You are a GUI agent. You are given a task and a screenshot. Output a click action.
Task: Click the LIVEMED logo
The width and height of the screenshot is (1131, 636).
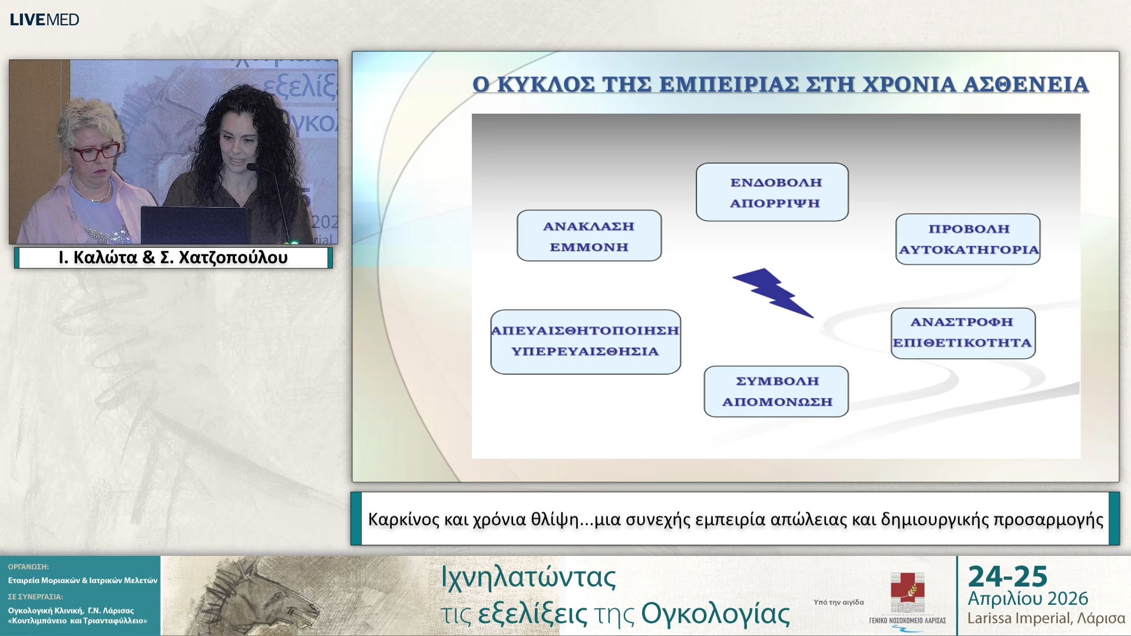click(44, 19)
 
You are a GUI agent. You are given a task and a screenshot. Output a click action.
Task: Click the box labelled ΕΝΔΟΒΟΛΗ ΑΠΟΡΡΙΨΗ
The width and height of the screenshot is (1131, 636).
click(772, 192)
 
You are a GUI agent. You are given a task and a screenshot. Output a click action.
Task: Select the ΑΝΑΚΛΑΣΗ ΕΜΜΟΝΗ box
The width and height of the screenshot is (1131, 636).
click(589, 236)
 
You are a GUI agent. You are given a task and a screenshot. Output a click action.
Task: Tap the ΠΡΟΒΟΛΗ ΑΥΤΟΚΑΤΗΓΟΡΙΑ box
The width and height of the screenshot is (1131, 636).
click(968, 239)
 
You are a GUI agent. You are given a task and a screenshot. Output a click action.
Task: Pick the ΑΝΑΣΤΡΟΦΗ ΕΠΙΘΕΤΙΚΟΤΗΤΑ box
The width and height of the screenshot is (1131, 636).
click(963, 333)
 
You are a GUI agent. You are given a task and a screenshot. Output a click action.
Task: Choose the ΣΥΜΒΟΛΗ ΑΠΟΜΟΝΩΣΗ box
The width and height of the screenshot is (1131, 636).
click(776, 391)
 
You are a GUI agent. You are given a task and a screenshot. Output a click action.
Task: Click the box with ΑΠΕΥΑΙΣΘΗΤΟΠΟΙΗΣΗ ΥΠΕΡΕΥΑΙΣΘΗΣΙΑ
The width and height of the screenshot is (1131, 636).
click(586, 342)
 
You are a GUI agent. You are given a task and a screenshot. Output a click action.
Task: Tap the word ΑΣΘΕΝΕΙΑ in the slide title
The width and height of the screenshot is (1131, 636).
click(1025, 85)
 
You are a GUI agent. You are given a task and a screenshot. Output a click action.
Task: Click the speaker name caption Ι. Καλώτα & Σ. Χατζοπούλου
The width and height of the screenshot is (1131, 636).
click(173, 258)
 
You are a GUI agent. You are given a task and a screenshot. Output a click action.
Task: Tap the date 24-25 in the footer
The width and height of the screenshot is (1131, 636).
click(1007, 577)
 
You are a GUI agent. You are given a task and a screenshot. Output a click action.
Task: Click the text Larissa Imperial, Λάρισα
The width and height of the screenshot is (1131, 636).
click(1046, 618)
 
